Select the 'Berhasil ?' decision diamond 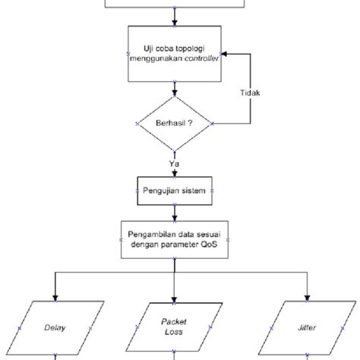174,122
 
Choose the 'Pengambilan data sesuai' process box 174,238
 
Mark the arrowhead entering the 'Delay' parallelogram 54,297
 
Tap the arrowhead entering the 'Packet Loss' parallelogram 174,297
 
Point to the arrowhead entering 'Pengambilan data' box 174,219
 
